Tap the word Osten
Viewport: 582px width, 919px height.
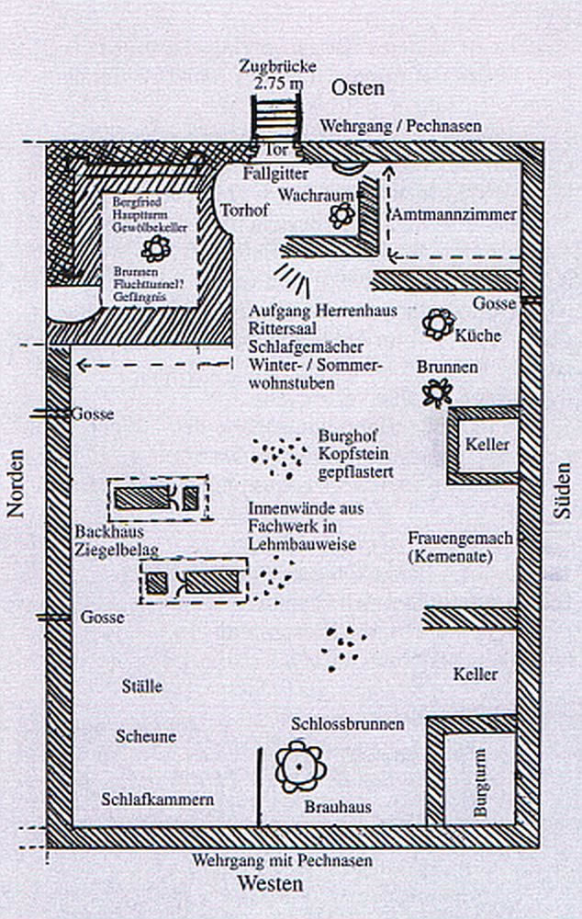(x=357, y=87)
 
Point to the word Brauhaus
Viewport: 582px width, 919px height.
(x=338, y=806)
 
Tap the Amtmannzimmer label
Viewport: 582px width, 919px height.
(x=454, y=215)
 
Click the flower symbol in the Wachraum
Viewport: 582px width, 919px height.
(x=342, y=215)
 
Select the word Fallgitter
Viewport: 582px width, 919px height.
(x=275, y=173)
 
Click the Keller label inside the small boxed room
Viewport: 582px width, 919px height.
(x=487, y=444)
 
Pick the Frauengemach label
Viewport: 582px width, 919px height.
(x=459, y=538)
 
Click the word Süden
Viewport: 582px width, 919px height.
(x=562, y=492)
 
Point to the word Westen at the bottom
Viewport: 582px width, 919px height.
(x=269, y=884)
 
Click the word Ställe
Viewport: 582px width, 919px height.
(x=142, y=686)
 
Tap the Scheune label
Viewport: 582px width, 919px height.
(x=146, y=736)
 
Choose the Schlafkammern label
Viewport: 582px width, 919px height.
(x=158, y=799)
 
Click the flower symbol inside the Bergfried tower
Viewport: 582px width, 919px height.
(x=155, y=246)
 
